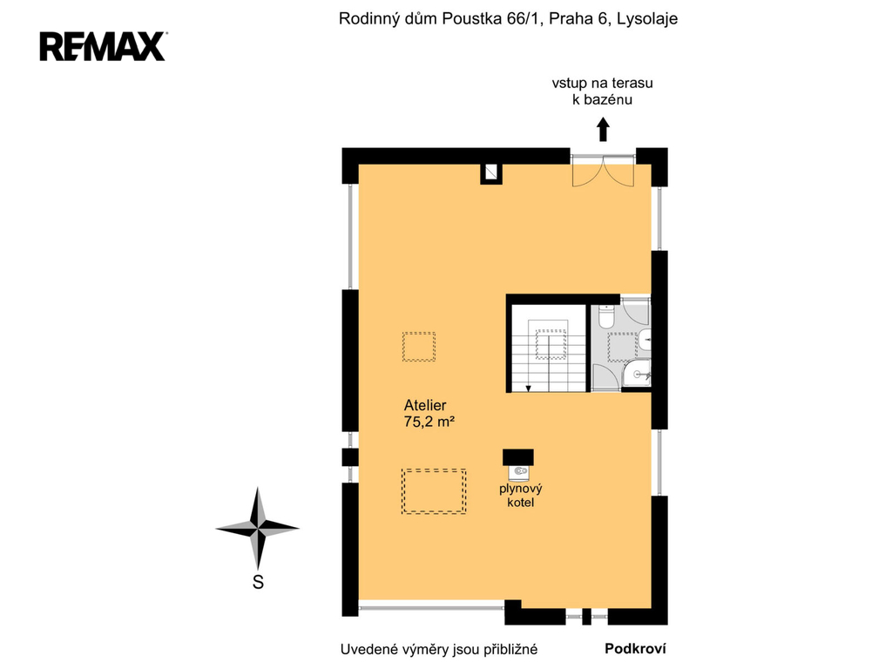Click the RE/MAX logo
(103, 46)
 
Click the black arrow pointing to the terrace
(603, 129)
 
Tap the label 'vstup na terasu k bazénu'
(603, 91)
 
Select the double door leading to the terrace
(603, 171)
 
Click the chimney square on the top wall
(491, 173)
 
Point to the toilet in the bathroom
(606, 316)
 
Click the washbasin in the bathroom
(644, 340)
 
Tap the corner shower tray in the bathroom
(636, 374)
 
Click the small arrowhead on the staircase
(529, 389)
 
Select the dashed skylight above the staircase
(551, 344)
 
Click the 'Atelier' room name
(425, 405)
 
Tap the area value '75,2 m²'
(429, 422)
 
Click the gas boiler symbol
(519, 471)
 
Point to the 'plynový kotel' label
(521, 495)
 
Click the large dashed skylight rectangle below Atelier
(434, 491)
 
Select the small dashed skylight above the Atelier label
(419, 347)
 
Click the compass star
(258, 529)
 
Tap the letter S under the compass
(258, 582)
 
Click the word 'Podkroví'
(635, 648)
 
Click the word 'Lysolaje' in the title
(647, 19)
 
